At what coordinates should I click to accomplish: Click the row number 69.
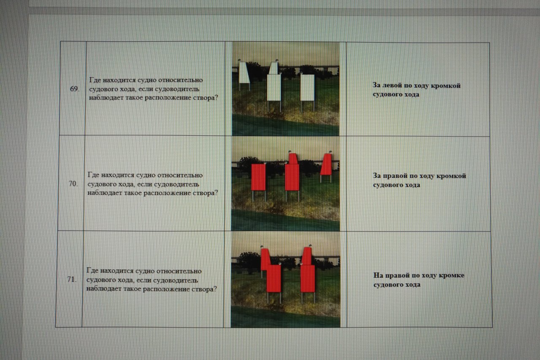point(75,89)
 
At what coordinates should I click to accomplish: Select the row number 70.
point(73,184)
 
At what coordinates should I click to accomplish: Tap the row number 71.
point(72,279)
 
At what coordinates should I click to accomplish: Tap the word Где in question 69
point(95,80)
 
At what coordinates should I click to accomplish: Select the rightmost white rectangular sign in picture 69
point(308,88)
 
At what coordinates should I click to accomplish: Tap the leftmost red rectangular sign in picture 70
point(258,177)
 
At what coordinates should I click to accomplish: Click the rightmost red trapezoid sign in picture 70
point(326,164)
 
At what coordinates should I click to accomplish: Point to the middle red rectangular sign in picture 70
point(292,177)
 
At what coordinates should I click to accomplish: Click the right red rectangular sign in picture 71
point(308,278)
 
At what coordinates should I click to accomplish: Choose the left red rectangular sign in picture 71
point(274,278)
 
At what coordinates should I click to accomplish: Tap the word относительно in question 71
point(179,271)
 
